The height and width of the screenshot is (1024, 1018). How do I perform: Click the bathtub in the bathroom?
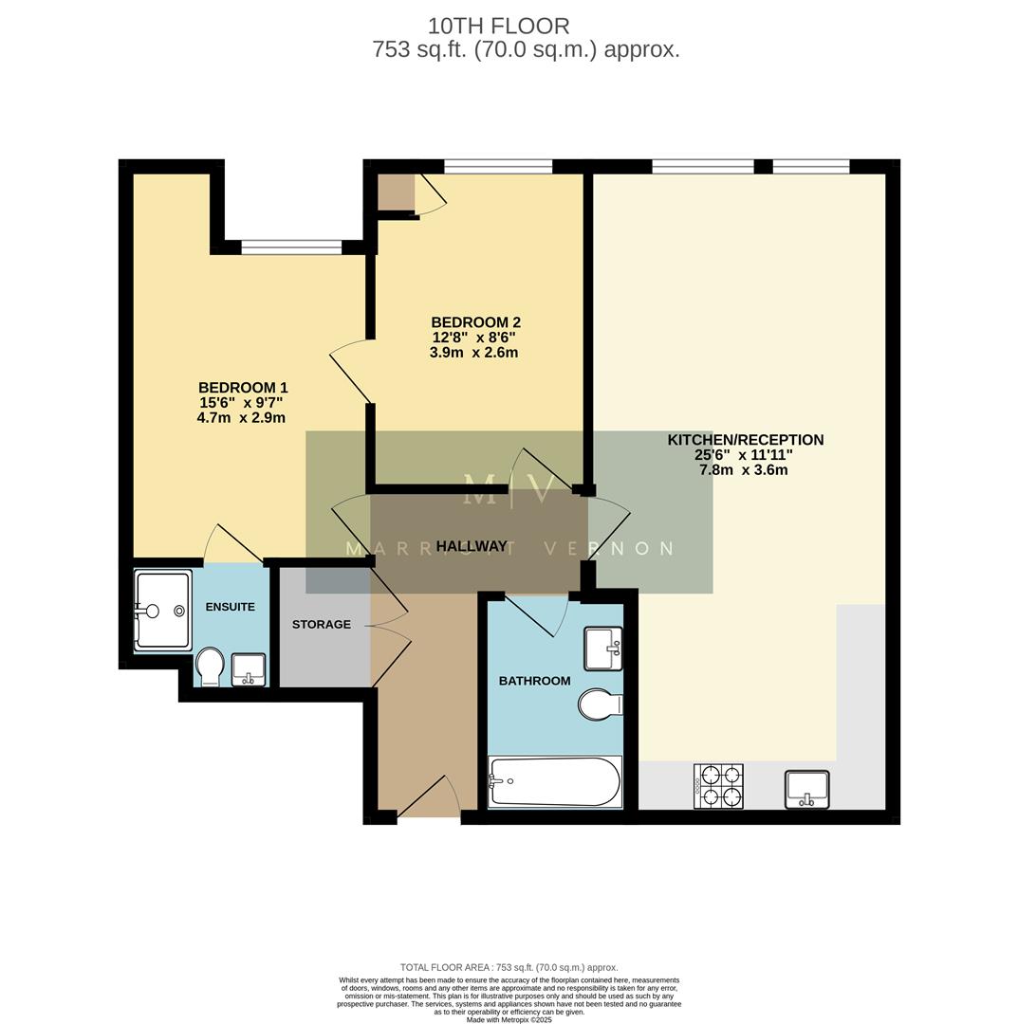555,782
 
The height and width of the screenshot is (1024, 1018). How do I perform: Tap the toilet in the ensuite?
209,667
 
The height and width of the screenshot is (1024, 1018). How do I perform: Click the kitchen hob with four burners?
718,786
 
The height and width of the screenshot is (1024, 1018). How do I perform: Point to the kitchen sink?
806,789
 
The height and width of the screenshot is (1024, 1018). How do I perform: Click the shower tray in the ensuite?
162,609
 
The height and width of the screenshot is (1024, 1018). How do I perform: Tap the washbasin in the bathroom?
602,648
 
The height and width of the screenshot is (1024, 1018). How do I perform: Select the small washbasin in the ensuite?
249,668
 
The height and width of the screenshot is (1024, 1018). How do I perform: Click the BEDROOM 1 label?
243,388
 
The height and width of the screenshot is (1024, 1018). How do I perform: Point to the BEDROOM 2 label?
475,322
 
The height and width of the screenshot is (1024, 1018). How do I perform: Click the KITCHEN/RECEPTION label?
745,440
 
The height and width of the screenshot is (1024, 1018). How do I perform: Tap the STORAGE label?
321,625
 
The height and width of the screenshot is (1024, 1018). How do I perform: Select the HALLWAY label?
472,546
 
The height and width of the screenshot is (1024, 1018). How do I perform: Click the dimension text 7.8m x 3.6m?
744,469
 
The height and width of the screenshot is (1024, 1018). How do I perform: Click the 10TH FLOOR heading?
498,26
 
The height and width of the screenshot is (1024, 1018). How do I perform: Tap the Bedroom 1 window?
291,247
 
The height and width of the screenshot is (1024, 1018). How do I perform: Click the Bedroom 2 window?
498,168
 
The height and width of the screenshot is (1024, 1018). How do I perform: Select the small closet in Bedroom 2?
396,192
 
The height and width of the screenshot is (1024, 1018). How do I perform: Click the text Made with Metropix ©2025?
509,1019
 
